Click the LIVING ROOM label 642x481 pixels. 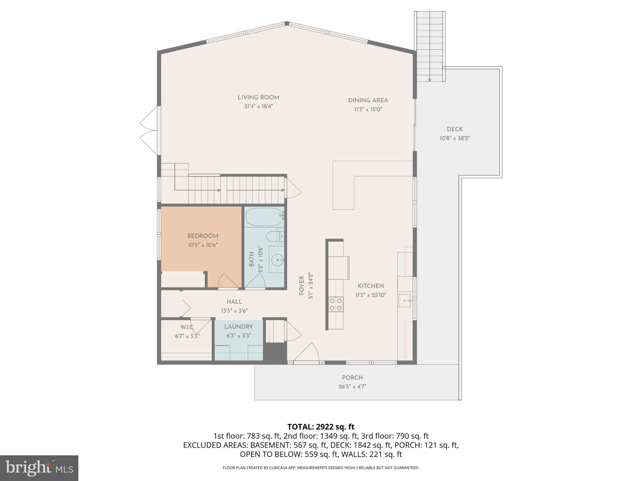258,97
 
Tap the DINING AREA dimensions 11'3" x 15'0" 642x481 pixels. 368,110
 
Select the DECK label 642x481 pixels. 455,129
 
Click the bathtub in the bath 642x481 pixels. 264,217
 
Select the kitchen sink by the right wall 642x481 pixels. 405,301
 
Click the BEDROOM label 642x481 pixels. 203,236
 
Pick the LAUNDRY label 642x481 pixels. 239,327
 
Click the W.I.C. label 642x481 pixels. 187,327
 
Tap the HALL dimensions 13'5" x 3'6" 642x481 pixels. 234,311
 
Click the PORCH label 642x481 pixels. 352,378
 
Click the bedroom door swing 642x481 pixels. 227,281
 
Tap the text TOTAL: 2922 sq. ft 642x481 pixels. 321,427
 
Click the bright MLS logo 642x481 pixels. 39,468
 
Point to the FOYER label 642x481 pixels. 302,286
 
